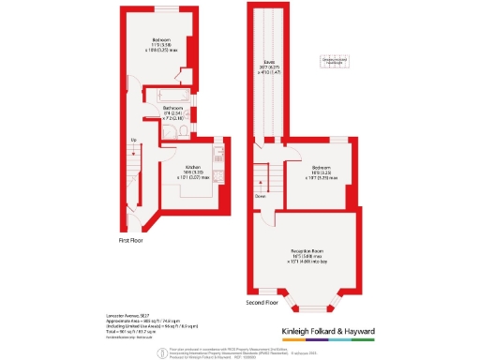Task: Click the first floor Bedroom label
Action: pyautogui.click(x=160, y=39)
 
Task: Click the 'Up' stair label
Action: pyautogui.click(x=134, y=141)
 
